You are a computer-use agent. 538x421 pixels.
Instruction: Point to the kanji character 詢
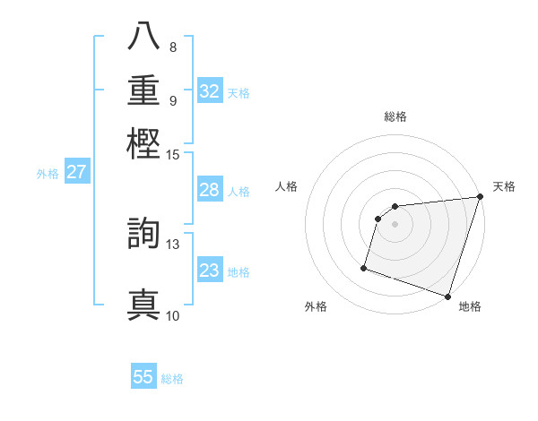[x=144, y=235]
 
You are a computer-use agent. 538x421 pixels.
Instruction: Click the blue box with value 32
[x=210, y=91]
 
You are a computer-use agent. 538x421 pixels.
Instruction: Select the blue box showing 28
[x=210, y=190]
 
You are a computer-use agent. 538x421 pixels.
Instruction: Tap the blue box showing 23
[x=210, y=271]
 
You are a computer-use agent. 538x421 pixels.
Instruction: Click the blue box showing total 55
[x=143, y=377]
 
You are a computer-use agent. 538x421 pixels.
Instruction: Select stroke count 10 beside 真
[x=172, y=315]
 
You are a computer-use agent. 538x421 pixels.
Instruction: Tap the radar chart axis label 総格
[x=395, y=116]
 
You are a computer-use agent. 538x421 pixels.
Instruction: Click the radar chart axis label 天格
[x=504, y=186]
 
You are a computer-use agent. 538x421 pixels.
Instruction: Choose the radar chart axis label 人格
[x=286, y=186]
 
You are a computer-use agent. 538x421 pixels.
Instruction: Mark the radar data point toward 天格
[x=480, y=197]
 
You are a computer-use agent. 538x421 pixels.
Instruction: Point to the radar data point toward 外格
[x=364, y=267]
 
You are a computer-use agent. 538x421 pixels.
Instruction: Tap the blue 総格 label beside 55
[x=173, y=379]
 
